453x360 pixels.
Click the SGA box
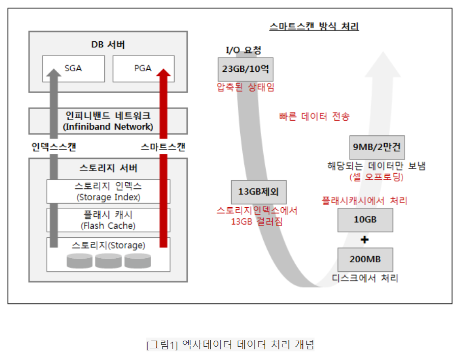(x=73, y=68)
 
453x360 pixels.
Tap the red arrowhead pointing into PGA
(x=163, y=74)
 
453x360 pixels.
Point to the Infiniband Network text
(x=108, y=126)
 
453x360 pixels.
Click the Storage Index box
(x=108, y=192)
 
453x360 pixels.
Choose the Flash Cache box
(x=108, y=220)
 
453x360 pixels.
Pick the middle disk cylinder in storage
(x=108, y=261)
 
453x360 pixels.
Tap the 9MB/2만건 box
(x=376, y=148)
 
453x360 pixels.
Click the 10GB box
(x=364, y=219)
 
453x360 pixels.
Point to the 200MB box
(x=364, y=259)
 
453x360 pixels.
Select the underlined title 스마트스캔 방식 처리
(x=314, y=26)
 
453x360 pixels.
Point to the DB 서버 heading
(x=108, y=44)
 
